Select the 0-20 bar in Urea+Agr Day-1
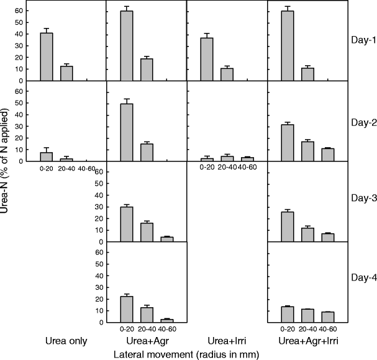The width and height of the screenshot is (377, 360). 126,46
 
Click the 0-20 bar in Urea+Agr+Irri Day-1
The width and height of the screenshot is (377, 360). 287,46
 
